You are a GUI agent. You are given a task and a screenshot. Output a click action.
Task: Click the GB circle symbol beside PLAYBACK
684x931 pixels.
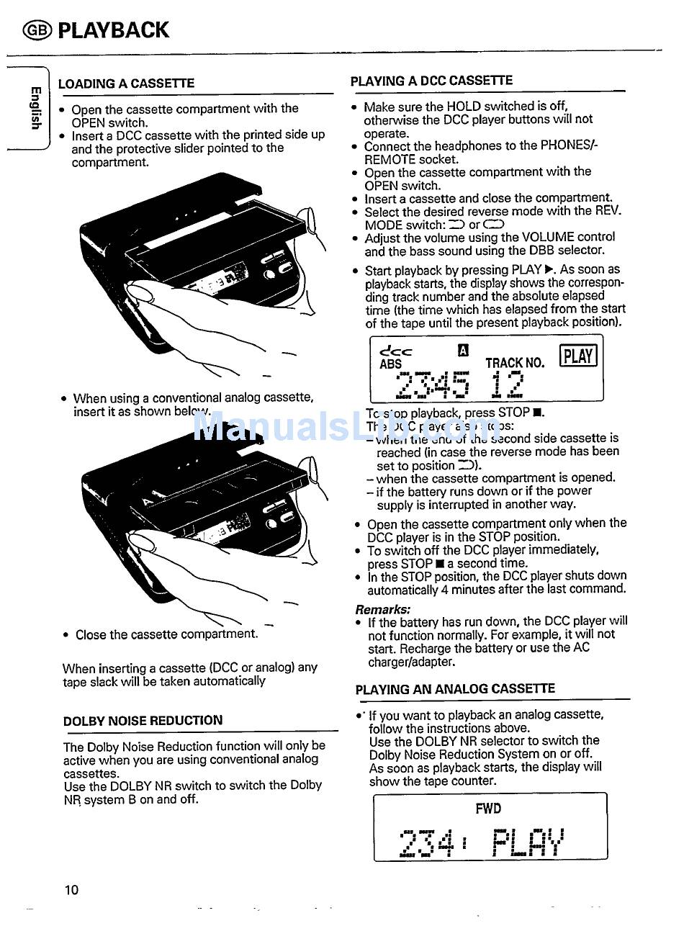pos(37,30)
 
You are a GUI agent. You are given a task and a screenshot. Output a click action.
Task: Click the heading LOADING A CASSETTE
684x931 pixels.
pos(126,84)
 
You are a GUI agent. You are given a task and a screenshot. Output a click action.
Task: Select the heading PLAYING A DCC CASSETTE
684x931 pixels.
pos(431,81)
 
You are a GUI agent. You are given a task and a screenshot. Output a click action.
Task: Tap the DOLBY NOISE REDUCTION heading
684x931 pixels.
pos(143,720)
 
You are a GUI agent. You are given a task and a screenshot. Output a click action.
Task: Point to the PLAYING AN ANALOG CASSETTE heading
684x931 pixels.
pos(455,689)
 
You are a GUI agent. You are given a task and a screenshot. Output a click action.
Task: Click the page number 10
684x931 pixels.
pos(71,890)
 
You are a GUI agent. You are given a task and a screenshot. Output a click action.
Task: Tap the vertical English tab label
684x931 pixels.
pos(34,108)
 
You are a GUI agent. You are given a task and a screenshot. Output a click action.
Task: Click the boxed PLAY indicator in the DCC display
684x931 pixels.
pos(578,356)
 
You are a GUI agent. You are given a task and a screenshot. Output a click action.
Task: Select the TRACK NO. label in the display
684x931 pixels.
pos(515,364)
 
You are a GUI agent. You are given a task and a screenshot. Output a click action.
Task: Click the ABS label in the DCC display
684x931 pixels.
pos(390,364)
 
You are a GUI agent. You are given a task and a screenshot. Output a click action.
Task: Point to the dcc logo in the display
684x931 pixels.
pos(395,351)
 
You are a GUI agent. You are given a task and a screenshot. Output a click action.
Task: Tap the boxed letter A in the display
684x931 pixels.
pos(463,351)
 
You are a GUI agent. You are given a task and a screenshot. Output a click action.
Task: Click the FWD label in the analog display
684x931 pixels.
pos(488,809)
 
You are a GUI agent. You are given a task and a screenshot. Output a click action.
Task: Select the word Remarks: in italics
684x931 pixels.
pos(382,608)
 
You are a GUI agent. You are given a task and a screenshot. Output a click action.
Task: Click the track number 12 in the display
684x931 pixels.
pos(507,384)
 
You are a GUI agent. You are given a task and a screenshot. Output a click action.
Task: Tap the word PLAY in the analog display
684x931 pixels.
pos(528,842)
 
